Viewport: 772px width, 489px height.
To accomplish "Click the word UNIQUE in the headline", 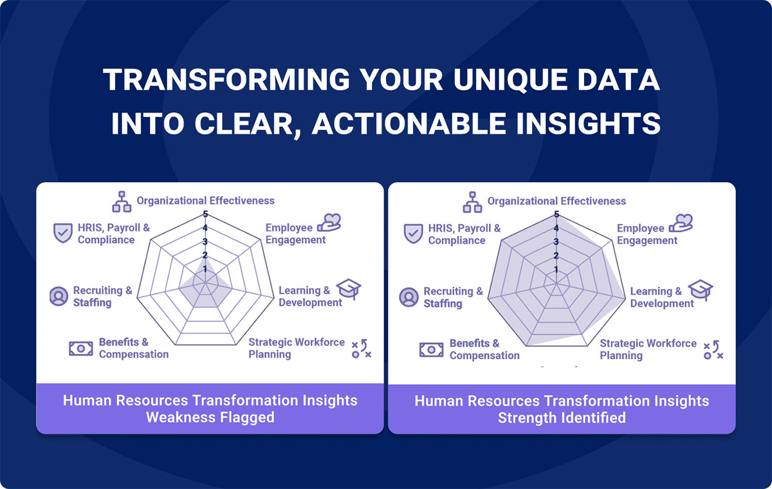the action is (x=510, y=80).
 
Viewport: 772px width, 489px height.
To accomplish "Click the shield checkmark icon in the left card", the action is (x=63, y=233).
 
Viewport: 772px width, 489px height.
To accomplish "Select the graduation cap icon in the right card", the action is (x=701, y=290).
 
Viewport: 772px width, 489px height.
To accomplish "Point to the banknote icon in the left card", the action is (x=80, y=348).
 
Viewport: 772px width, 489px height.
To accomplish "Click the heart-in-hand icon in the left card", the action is (x=329, y=223).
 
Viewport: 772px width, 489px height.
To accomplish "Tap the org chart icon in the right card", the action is (x=472, y=202).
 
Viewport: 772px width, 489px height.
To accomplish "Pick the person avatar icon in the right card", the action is (x=409, y=297).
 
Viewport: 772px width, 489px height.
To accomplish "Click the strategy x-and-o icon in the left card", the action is (x=362, y=349).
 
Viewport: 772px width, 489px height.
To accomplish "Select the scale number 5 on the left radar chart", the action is (x=205, y=214).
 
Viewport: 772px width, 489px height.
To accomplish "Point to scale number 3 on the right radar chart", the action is (x=556, y=241).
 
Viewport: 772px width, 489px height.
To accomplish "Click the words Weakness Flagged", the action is (x=210, y=418).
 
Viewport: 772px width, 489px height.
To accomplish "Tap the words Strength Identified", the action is (x=562, y=418).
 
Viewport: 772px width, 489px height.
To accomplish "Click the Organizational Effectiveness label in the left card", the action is (x=206, y=201).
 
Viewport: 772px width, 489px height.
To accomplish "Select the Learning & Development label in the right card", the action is (x=662, y=297).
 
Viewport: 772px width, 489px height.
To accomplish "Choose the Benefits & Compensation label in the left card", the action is (x=134, y=348).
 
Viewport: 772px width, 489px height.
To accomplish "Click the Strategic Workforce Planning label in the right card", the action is (x=648, y=349).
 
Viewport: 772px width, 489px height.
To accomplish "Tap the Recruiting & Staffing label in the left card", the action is (x=103, y=297).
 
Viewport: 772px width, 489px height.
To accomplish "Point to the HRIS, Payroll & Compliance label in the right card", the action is (x=464, y=234).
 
